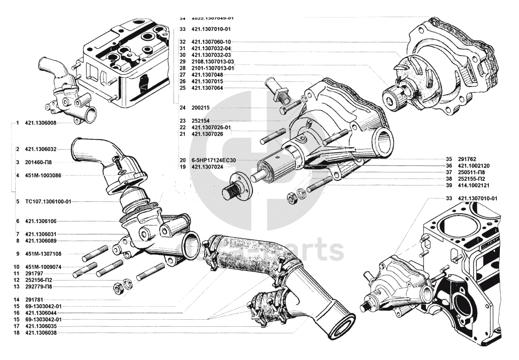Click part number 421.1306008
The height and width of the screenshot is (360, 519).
coord(40,123)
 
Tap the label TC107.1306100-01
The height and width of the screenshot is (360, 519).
coord(48,201)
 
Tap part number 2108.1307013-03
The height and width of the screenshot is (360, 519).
coord(213,61)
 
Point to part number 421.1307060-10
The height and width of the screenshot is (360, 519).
coord(211,42)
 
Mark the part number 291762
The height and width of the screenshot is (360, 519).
coord(467,159)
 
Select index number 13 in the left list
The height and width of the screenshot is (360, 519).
coord(17,287)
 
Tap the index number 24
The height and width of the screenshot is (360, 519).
coord(183,108)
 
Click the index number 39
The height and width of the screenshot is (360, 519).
coord(449,186)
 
